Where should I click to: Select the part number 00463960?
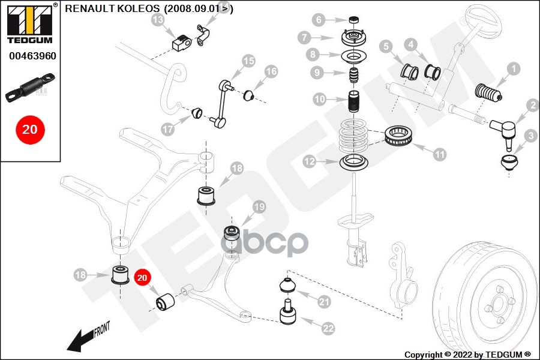[32, 56]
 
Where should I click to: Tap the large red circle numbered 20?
[30, 129]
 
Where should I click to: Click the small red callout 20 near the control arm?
[142, 278]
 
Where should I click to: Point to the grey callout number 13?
[158, 20]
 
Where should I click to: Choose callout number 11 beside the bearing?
[440, 154]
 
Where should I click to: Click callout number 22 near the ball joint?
[328, 328]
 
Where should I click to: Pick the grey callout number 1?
[513, 70]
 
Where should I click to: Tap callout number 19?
[258, 207]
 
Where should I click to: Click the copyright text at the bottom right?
[467, 354]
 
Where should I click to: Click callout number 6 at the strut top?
[319, 20]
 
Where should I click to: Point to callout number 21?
[325, 302]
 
